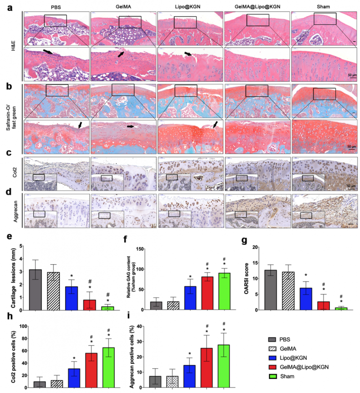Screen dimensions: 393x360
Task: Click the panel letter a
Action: point(16,8)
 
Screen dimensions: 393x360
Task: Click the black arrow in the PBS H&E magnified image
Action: point(48,53)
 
